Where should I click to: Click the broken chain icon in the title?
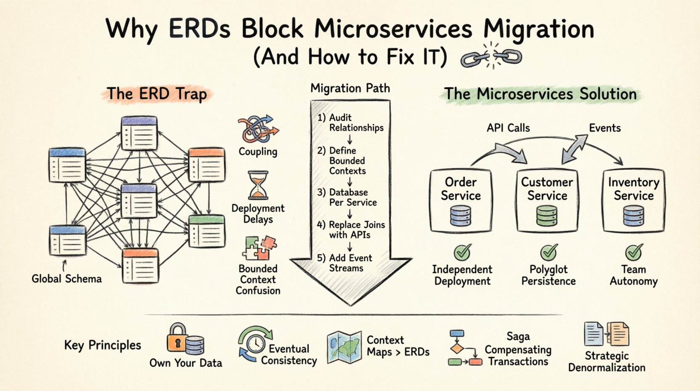coord(491,56)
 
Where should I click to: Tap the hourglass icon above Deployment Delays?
coord(258,185)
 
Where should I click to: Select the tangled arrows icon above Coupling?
coord(257,129)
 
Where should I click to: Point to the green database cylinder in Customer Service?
coord(547,216)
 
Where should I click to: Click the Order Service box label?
coord(461,189)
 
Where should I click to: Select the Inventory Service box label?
coord(634,189)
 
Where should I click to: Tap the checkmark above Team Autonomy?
coord(634,252)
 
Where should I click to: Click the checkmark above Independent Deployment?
coord(462,252)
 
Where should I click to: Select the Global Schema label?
coord(66,279)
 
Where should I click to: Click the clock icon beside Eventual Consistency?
coord(255,343)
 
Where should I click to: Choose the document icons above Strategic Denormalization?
coord(606,334)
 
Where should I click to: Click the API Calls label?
coord(508,128)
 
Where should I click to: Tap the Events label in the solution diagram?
coord(605,128)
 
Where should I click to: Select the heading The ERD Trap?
coord(156,94)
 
